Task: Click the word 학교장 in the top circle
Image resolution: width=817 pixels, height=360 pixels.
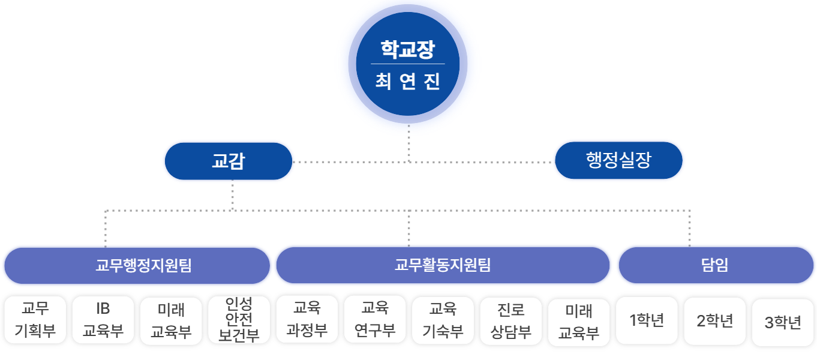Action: [407, 49]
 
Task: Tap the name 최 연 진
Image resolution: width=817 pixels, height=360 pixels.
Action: [407, 82]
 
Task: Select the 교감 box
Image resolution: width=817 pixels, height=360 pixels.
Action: [229, 161]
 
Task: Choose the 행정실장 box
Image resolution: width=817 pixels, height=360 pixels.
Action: [618, 160]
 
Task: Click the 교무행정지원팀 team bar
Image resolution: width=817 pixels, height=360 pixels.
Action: [137, 265]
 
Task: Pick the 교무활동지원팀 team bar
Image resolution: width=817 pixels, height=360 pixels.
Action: [443, 265]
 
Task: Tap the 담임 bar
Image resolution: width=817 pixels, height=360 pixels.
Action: [716, 265]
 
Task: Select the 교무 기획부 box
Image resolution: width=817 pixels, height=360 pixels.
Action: [35, 320]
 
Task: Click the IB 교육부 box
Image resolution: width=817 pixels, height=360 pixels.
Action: [103, 320]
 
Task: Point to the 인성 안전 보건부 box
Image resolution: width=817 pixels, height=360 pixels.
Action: [239, 320]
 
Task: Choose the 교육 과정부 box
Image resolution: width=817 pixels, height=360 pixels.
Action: [307, 320]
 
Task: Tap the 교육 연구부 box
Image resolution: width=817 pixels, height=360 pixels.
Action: [375, 320]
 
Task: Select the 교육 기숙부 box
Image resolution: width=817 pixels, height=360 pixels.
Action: [443, 320]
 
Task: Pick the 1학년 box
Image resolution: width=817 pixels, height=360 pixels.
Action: [647, 320]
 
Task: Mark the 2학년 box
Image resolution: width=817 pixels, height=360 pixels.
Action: [715, 321]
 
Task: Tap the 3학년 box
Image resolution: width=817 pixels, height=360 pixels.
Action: [783, 322]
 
